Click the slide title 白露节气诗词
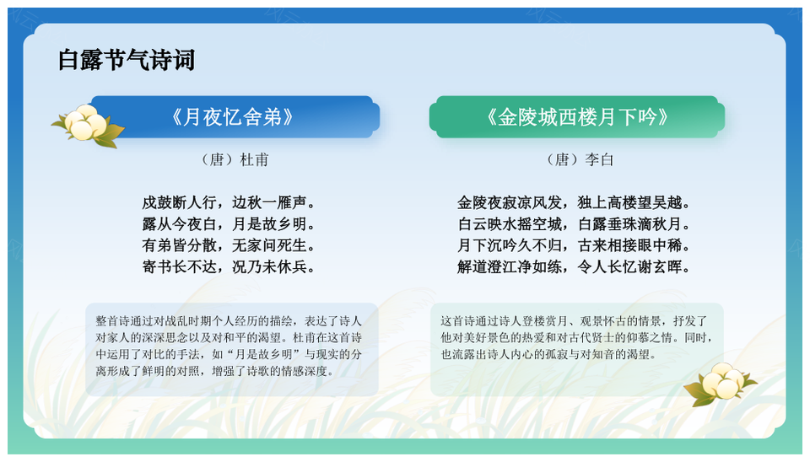pyautogui.click(x=127, y=60)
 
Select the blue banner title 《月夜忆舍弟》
pyautogui.click(x=232, y=117)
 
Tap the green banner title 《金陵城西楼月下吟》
pyautogui.click(x=577, y=117)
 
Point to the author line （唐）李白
pyautogui.click(x=579, y=159)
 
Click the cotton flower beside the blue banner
pyautogui.click(x=87, y=126)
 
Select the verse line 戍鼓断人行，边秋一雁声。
pyautogui.click(x=229, y=202)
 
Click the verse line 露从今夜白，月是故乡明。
pyautogui.click(x=229, y=224)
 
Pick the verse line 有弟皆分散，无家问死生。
pyautogui.click(x=229, y=245)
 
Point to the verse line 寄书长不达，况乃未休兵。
pyautogui.click(x=229, y=267)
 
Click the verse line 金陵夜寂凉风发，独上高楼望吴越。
pyautogui.click(x=574, y=202)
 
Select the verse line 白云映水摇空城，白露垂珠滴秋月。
pyautogui.click(x=574, y=224)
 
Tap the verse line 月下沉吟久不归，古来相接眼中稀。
pyautogui.click(x=574, y=245)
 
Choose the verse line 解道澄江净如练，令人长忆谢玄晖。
pyautogui.click(x=574, y=267)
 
